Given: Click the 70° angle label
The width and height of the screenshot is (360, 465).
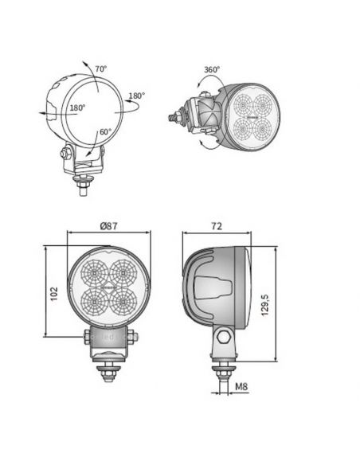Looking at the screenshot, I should click(x=101, y=69).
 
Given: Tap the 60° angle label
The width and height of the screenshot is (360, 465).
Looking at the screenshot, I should click(x=105, y=132).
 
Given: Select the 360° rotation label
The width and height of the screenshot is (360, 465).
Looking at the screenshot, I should click(x=211, y=70).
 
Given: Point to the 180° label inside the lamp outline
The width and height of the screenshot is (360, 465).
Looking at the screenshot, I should click(x=77, y=107).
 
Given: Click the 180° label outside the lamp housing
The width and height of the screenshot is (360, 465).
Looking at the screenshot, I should click(x=136, y=96).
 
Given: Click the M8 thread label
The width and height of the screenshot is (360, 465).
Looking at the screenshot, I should click(x=243, y=388).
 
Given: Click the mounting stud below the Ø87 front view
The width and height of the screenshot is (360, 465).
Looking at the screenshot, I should click(x=109, y=369).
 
